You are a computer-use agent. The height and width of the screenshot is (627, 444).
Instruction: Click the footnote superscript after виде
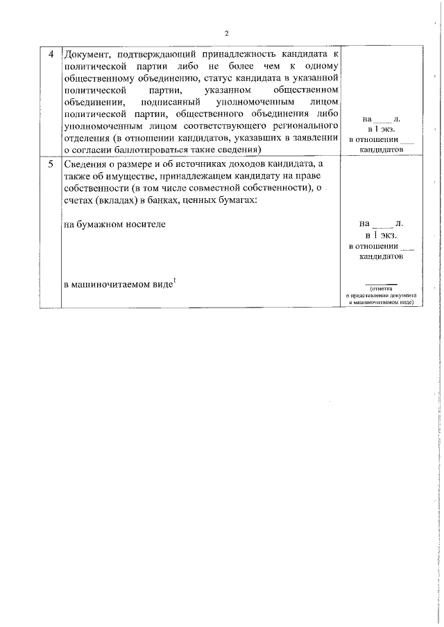176,280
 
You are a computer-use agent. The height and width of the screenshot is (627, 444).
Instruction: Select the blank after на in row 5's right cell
382,224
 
